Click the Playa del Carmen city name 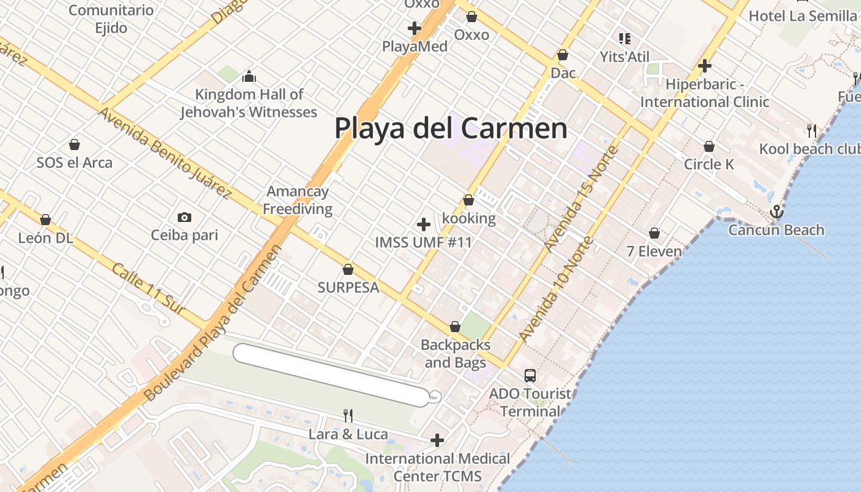click(451, 128)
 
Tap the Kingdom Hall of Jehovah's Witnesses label click(248, 103)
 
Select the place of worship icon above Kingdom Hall click(249, 76)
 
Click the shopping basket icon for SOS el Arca click(74, 145)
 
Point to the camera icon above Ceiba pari click(184, 217)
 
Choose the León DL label click(46, 237)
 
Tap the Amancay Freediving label click(298, 200)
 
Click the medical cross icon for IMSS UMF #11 click(423, 224)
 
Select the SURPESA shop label click(348, 287)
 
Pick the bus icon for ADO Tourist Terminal click(530, 375)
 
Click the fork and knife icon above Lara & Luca click(348, 416)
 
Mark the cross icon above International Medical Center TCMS click(437, 440)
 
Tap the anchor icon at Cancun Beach click(777, 212)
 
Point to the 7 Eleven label click(654, 251)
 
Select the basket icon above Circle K click(709, 146)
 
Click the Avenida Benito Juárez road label click(164, 154)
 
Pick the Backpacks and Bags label click(456, 354)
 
